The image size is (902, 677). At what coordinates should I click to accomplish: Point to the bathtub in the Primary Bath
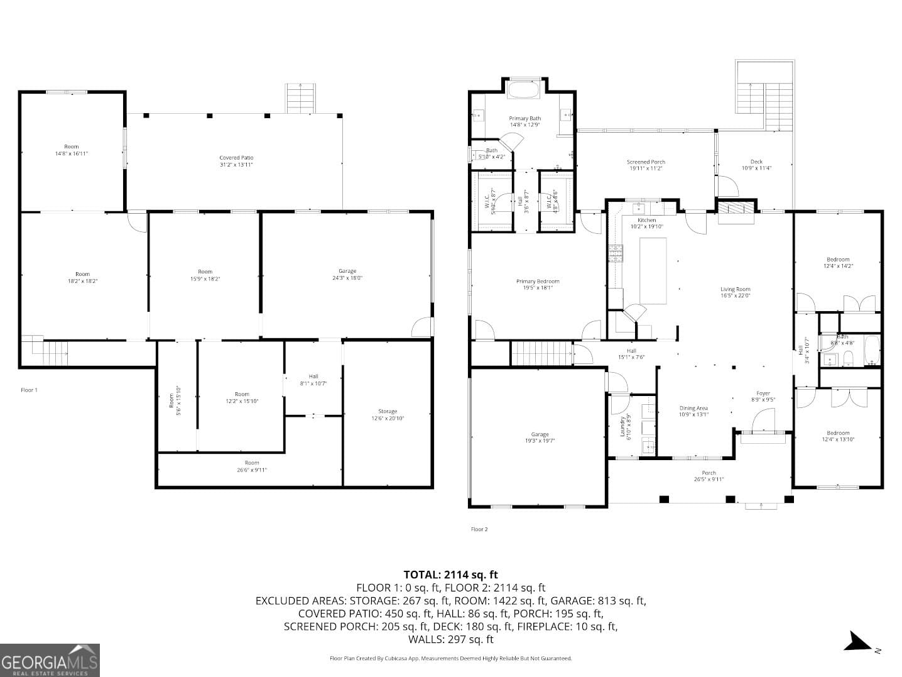tap(523, 90)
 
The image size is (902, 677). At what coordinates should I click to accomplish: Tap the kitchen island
tap(653, 270)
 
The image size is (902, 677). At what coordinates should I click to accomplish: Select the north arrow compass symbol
tap(857, 642)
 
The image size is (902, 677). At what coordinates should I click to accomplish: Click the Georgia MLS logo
tap(50, 660)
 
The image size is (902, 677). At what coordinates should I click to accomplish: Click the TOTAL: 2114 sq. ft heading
tap(450, 574)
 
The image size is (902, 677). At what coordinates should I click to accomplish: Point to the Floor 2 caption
tap(479, 529)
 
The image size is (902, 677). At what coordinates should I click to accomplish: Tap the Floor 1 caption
tap(29, 390)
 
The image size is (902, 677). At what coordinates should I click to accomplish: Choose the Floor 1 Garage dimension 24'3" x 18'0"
tap(347, 278)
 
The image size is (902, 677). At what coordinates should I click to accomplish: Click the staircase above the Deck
tap(764, 97)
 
